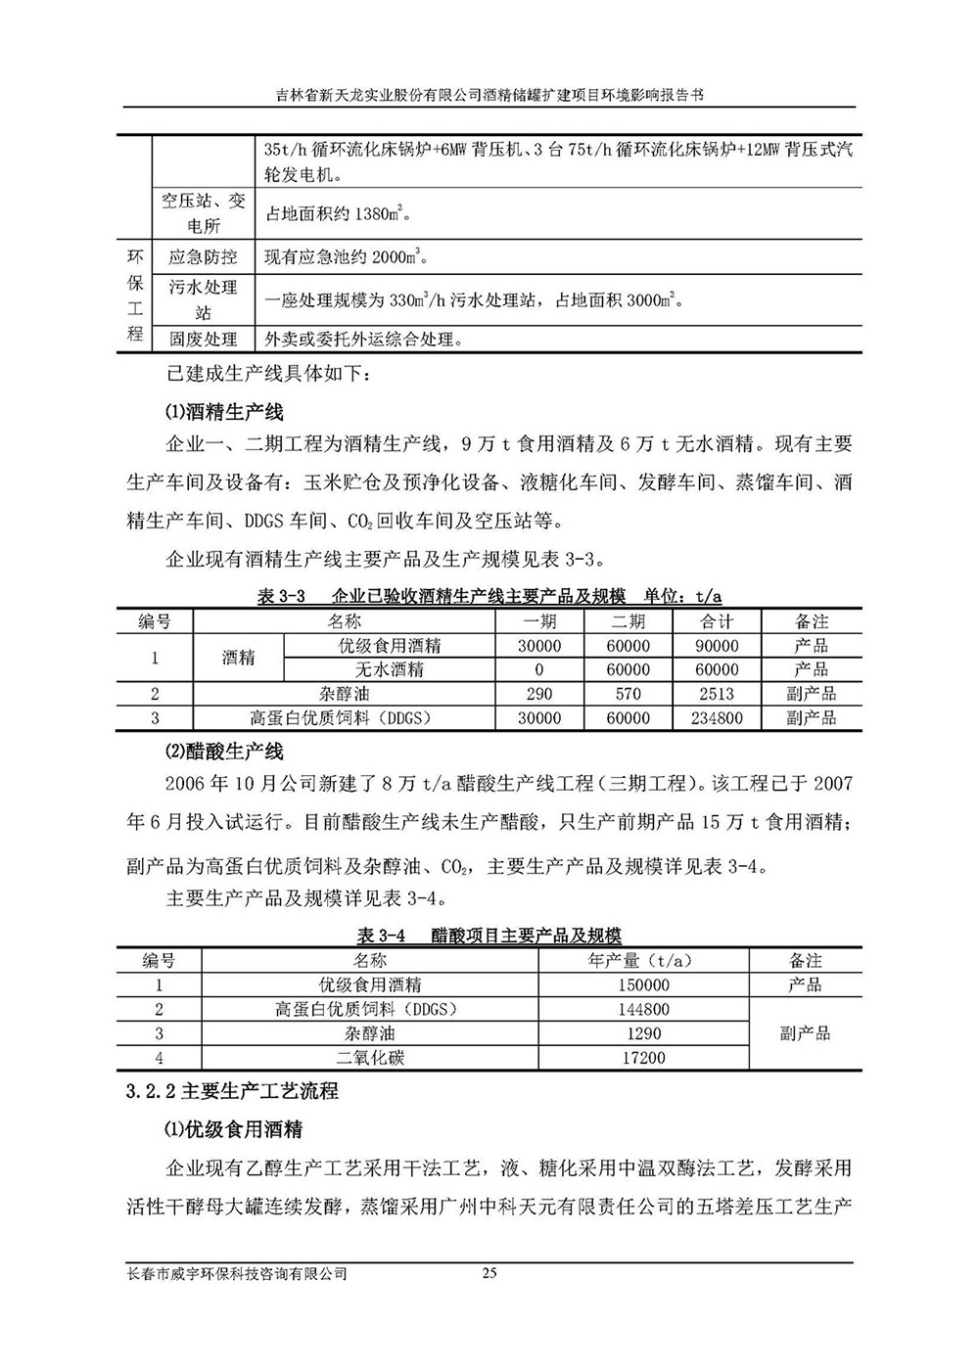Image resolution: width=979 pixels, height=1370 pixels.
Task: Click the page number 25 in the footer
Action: pyautogui.click(x=489, y=1273)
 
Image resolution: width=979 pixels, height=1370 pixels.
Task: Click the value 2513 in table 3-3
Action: pyautogui.click(x=717, y=694)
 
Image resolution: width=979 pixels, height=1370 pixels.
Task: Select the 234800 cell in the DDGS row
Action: pyautogui.click(x=717, y=718)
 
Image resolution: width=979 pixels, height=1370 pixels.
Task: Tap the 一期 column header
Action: pyautogui.click(x=539, y=621)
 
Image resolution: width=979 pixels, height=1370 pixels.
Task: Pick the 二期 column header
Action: pyautogui.click(x=628, y=621)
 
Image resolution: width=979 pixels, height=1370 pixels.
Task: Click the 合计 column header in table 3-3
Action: pyautogui.click(x=717, y=621)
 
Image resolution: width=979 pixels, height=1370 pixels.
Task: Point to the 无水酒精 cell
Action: pyautogui.click(x=389, y=670)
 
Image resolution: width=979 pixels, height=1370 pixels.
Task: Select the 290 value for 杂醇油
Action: pyautogui.click(x=539, y=694)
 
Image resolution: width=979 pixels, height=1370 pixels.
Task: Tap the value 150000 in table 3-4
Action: pyautogui.click(x=643, y=985)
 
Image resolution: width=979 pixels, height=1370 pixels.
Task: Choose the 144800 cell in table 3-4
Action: pyautogui.click(x=643, y=1010)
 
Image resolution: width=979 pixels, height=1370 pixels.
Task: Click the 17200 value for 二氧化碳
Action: pyautogui.click(x=643, y=1058)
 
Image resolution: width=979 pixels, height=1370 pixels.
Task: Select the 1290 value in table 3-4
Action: pyautogui.click(x=643, y=1033)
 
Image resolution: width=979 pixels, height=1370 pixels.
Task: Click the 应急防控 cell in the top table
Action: pyautogui.click(x=203, y=257)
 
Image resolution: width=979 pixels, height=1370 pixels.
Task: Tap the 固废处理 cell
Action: pyautogui.click(x=203, y=340)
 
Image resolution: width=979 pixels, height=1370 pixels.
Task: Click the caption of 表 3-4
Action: pyautogui.click(x=489, y=936)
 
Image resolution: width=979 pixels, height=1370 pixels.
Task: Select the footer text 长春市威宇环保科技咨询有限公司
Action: pyautogui.click(x=238, y=1273)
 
